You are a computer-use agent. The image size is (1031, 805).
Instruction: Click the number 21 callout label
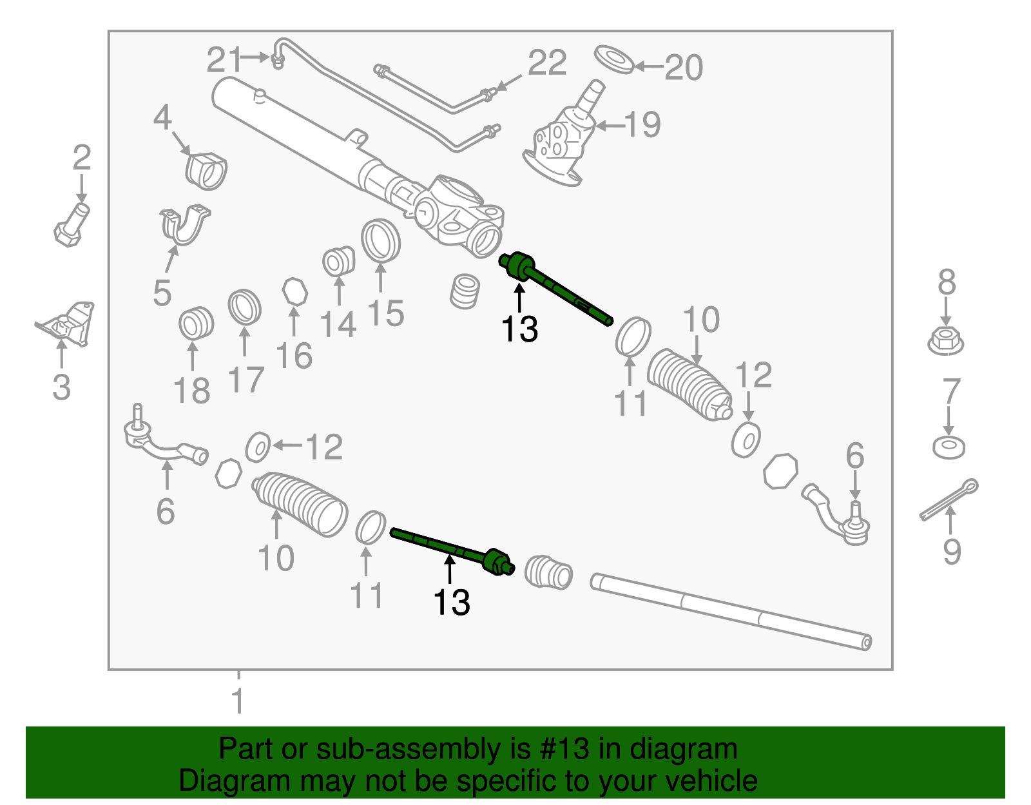pos(223,61)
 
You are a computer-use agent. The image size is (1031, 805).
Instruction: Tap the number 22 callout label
pos(546,63)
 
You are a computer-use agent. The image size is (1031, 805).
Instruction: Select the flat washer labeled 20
pos(613,59)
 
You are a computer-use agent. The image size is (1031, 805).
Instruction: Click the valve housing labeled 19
pos(561,139)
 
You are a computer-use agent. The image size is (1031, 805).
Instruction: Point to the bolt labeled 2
pos(71,225)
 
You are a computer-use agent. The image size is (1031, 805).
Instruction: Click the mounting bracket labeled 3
pos(67,323)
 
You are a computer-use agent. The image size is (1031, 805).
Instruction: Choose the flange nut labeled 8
pos(945,340)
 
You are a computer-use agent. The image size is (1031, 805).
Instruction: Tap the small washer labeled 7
pos(949,446)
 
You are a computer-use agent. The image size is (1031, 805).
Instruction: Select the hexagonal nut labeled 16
pos(295,291)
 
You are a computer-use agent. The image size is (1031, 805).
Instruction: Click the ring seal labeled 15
pos(380,240)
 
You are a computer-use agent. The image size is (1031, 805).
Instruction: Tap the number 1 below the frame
pos(238,701)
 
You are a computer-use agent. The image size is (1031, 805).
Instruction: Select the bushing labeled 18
pos(196,323)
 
